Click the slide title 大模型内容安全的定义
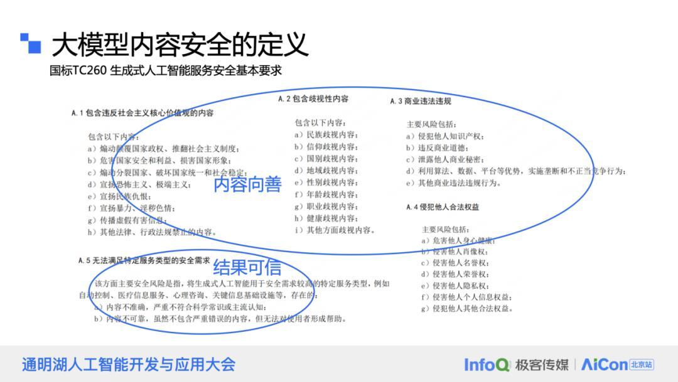[180, 45]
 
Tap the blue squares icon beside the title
[30, 43]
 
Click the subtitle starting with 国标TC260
[166, 70]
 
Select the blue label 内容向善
[247, 184]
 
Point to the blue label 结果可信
[247, 267]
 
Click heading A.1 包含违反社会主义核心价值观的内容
[143, 113]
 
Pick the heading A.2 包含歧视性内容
[313, 99]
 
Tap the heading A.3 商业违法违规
[420, 101]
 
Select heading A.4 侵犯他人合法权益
[443, 207]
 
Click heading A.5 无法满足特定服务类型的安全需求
[144, 260]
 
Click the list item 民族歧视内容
[326, 135]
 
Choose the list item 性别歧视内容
[326, 183]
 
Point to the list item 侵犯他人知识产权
[445, 136]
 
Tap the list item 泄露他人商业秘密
[445, 159]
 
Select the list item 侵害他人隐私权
[455, 285]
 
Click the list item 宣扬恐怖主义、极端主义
[139, 184]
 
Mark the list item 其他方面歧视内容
[335, 230]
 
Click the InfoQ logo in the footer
[487, 364]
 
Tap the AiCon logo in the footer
[618, 364]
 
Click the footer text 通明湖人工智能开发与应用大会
[129, 364]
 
